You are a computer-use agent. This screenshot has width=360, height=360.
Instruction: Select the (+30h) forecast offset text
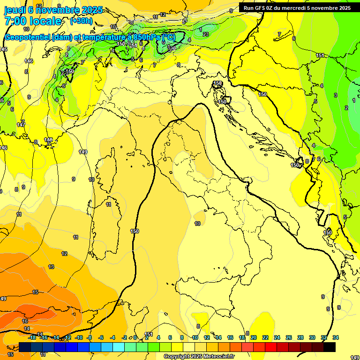coord(81,21)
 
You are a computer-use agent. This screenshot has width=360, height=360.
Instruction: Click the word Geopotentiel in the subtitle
coord(27,37)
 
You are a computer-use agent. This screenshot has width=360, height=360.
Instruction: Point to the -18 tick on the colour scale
coord(32,337)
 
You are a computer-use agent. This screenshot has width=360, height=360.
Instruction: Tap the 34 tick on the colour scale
coord(336,337)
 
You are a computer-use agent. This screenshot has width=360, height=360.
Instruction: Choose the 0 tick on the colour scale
coord(135,337)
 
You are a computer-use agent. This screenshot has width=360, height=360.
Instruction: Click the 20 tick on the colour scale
coord(254,337)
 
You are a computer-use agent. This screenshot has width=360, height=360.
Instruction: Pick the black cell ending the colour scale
coord(330,347)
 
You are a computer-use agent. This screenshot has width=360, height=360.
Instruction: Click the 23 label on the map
coord(205,34)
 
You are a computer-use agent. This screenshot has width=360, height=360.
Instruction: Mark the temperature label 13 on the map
coord(51,267)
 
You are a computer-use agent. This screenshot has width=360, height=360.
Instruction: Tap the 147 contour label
coord(21,125)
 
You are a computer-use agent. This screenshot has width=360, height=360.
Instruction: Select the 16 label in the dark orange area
coord(25,321)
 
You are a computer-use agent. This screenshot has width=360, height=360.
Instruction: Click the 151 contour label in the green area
coord(320,55)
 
